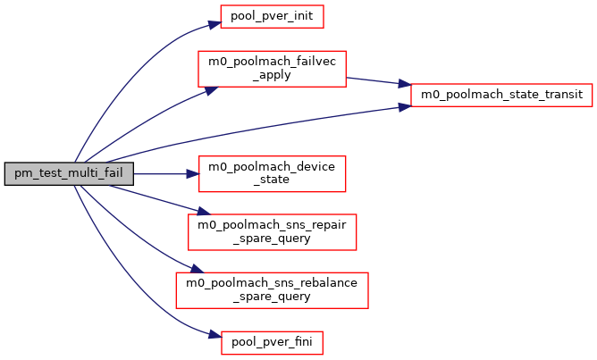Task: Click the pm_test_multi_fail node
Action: point(69,174)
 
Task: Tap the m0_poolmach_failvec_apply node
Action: point(272,68)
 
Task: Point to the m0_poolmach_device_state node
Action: point(272,173)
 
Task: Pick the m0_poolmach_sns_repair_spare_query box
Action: point(272,230)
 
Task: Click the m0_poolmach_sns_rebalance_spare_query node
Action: point(272,288)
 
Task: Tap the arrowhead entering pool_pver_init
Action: point(214,18)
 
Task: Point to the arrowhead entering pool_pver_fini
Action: point(214,338)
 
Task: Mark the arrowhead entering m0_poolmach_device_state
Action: point(191,173)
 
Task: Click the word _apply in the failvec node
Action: point(272,75)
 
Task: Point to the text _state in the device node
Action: point(272,180)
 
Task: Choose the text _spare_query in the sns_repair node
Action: point(272,238)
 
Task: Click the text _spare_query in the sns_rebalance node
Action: point(272,295)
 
